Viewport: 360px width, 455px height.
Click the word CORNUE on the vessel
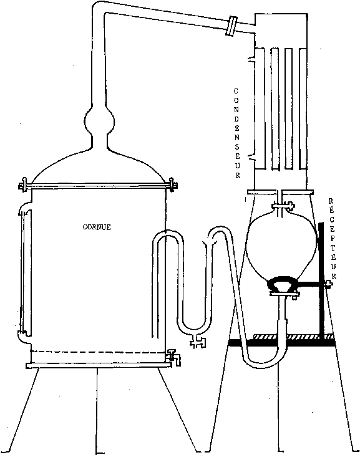(97, 227)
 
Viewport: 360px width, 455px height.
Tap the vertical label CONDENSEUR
(237, 133)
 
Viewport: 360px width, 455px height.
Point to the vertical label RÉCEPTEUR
(332, 238)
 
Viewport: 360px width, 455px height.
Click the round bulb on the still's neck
(99, 120)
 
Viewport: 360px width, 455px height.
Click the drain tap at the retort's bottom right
(173, 357)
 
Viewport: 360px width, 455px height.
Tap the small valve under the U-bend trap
(198, 342)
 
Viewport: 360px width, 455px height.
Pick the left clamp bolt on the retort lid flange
(23, 186)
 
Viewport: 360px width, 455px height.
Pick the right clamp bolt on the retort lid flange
(173, 184)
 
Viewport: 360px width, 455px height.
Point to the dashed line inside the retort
(98, 352)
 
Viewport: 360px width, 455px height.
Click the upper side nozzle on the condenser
(251, 59)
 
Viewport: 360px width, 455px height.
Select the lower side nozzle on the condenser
(251, 157)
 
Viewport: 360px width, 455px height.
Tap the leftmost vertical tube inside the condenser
(260, 109)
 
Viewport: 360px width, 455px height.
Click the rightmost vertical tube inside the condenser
(303, 109)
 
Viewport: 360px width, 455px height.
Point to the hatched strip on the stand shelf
(293, 337)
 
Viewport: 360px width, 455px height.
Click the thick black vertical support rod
(322, 280)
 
